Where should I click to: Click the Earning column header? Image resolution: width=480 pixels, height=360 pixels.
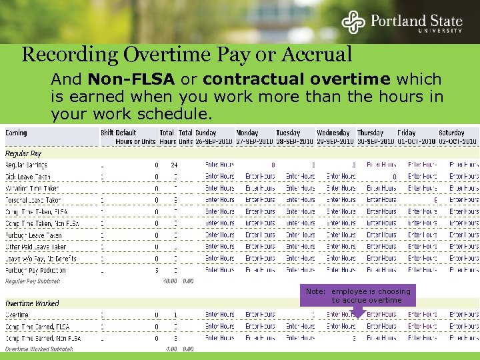pyautogui.click(x=17, y=133)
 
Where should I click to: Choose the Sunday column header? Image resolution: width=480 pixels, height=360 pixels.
pyautogui.click(x=207, y=133)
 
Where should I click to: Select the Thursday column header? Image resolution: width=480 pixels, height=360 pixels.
pyautogui.click(x=371, y=133)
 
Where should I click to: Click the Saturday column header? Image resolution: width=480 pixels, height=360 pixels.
pyautogui.click(x=451, y=133)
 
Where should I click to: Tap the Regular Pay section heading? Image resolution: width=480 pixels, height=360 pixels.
pyautogui.click(x=23, y=154)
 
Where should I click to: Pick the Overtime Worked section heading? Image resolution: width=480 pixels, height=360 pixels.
pyautogui.click(x=32, y=303)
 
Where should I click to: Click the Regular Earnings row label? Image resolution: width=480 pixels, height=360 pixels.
pyautogui.click(x=27, y=165)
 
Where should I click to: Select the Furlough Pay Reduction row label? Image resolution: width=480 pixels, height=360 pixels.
pyautogui.click(x=35, y=270)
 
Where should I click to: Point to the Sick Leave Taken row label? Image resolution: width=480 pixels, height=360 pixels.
pyautogui.click(x=28, y=177)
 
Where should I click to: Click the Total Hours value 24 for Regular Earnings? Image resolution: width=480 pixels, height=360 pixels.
pyautogui.click(x=173, y=165)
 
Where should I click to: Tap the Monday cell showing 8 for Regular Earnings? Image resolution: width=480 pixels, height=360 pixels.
pyautogui.click(x=273, y=165)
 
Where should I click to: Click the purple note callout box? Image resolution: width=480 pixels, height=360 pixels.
pyautogui.click(x=357, y=296)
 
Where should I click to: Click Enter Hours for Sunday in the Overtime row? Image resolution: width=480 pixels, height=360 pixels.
pyautogui.click(x=219, y=315)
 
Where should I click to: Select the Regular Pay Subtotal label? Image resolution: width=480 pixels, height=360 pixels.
pyautogui.click(x=33, y=281)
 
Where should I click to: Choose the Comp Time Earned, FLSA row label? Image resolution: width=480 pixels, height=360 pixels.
pyautogui.click(x=38, y=327)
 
